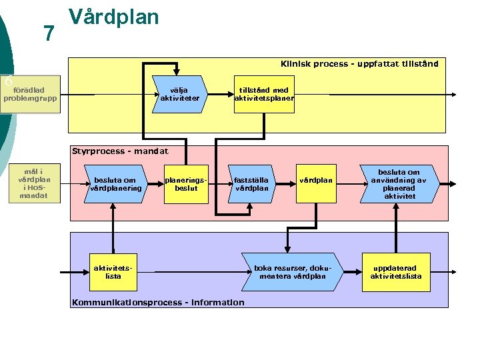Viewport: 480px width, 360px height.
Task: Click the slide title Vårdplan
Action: tap(113, 17)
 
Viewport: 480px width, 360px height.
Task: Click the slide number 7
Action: tap(48, 33)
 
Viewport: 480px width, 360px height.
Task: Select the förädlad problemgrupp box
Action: tap(30, 95)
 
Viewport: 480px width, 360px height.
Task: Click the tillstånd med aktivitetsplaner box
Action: tap(264, 95)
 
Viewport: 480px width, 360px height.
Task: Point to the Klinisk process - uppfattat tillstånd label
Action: tap(359, 64)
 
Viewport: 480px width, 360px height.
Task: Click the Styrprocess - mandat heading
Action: tap(111, 151)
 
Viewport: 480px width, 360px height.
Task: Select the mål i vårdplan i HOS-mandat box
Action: tap(33, 184)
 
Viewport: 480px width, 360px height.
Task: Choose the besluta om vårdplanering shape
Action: tap(117, 184)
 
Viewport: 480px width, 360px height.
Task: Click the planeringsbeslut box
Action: tap(181, 184)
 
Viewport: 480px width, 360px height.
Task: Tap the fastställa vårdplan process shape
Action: tap(251, 184)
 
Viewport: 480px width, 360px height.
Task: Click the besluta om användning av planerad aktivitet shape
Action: tap(400, 184)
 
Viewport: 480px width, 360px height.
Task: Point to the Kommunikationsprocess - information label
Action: tap(158, 303)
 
